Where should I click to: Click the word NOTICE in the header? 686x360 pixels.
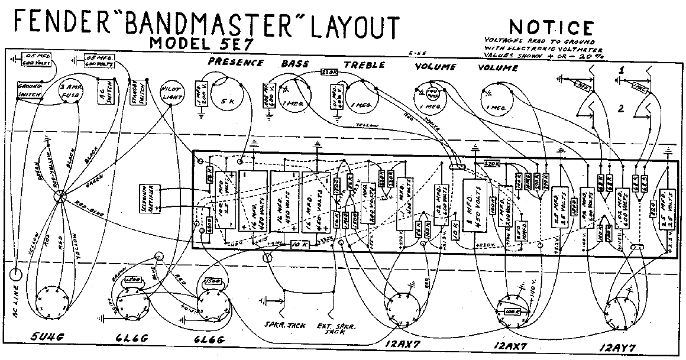(551, 28)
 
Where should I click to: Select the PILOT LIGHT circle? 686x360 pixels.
(171, 92)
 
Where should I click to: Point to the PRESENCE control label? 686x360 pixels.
(235, 63)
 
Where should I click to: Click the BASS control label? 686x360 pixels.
(295, 64)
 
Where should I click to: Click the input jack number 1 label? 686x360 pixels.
(622, 70)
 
